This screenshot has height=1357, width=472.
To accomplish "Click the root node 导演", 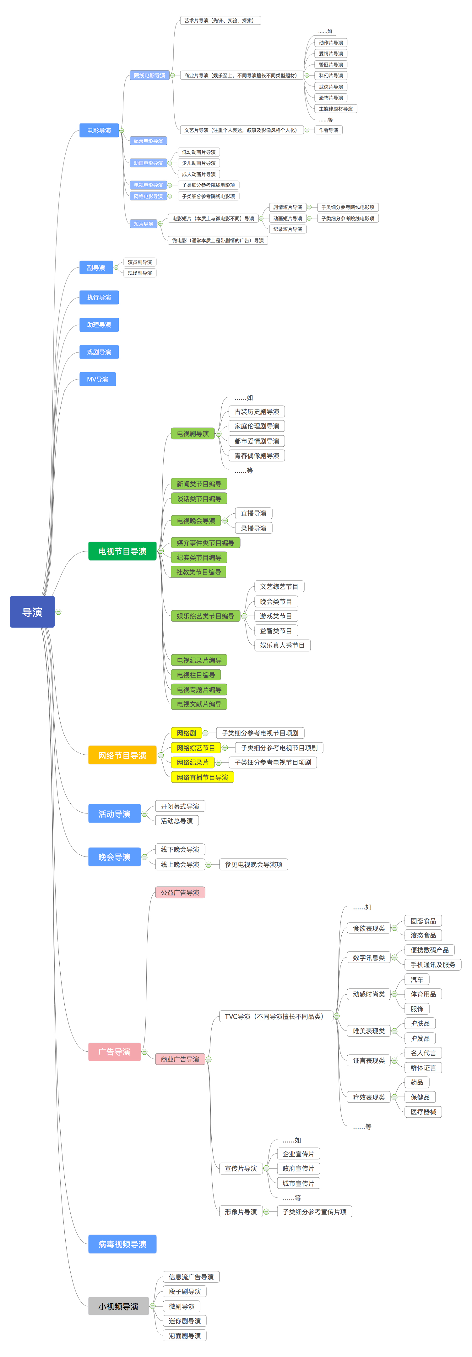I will (x=32, y=611).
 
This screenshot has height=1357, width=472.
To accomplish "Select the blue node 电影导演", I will (x=99, y=130).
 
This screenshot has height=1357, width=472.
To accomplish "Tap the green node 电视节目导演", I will (x=122, y=551).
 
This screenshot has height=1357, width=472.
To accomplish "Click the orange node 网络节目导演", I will (x=122, y=755).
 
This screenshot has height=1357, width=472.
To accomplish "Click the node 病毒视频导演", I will (x=122, y=1244).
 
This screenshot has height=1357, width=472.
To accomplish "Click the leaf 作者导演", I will (x=328, y=130).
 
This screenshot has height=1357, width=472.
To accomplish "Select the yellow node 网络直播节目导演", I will (x=202, y=777).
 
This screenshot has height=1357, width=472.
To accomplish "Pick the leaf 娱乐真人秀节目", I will (x=282, y=645).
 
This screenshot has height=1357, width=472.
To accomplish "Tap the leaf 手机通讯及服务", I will (x=432, y=964).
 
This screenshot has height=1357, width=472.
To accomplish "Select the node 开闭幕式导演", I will (x=180, y=806).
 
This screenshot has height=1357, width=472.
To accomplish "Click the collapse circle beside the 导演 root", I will (x=58, y=611).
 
